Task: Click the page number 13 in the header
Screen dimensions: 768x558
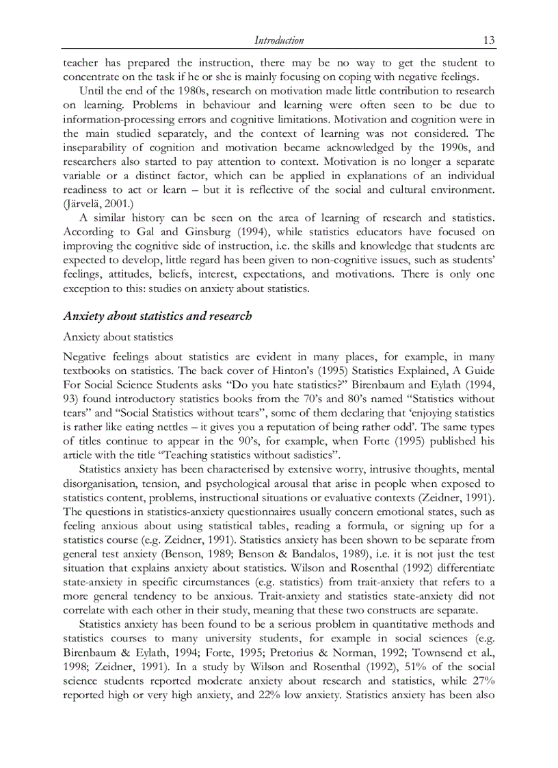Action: [x=489, y=40]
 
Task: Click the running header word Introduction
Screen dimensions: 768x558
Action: [x=279, y=40]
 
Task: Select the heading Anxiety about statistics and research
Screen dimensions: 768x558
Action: [x=157, y=316]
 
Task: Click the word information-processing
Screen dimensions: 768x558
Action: [x=120, y=119]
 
